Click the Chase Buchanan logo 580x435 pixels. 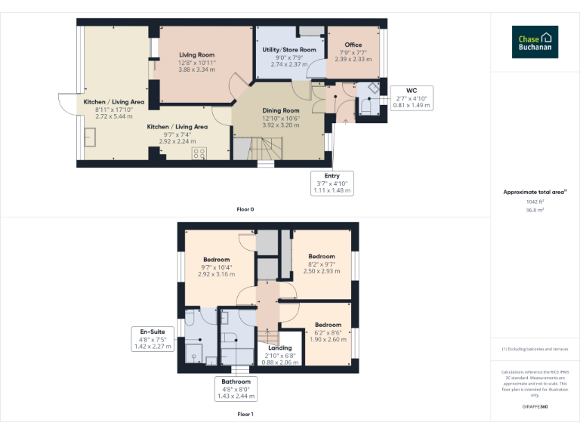coord(535,42)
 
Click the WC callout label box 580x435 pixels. coord(412,98)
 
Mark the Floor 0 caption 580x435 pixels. coord(245,208)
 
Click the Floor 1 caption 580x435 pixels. coord(245,414)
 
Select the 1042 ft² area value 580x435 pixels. coord(535,202)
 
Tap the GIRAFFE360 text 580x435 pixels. coord(535,406)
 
